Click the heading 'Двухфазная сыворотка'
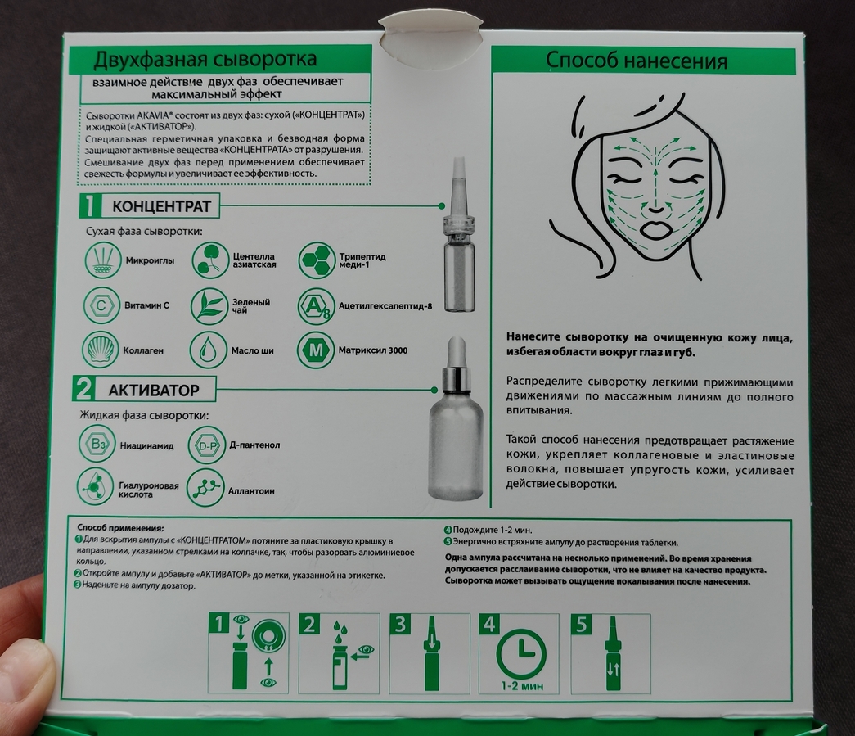[205, 59]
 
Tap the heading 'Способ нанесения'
[637, 61]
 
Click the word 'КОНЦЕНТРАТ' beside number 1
[161, 206]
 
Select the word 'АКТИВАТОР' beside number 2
[154, 390]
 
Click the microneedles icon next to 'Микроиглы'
[102, 260]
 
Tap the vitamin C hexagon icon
[101, 305]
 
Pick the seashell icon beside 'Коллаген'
[100, 350]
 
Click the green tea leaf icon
[209, 305]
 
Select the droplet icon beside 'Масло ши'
[208, 350]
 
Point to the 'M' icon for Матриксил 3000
[316, 350]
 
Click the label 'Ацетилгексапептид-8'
[385, 306]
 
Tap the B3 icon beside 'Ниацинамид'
[97, 445]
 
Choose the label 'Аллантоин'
[251, 491]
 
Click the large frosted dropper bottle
[455, 419]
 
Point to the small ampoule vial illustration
[459, 235]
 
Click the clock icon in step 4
[520, 653]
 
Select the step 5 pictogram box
[610, 653]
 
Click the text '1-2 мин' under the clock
[522, 685]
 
